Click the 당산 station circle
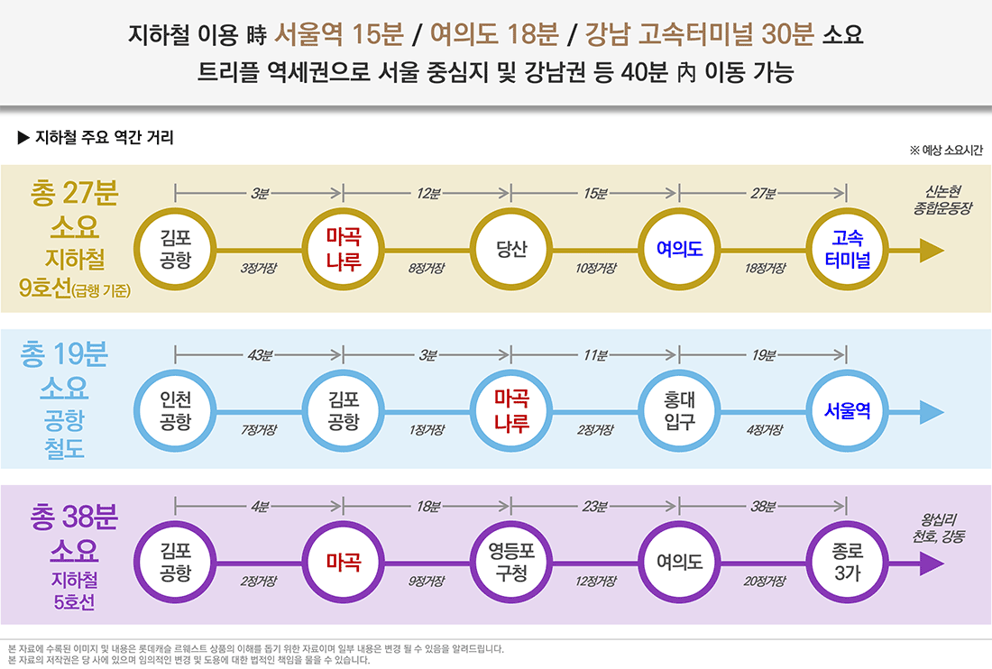511,250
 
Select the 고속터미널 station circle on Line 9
846,250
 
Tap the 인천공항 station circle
175,410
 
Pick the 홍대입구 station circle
679,410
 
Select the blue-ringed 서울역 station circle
846,410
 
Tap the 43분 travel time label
260,355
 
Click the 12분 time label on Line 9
427,194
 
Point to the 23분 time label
595,507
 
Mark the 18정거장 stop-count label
765,268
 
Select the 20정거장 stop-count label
765,582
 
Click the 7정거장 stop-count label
259,430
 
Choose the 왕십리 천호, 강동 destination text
938,528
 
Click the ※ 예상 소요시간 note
946,151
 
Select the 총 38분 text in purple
74,518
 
